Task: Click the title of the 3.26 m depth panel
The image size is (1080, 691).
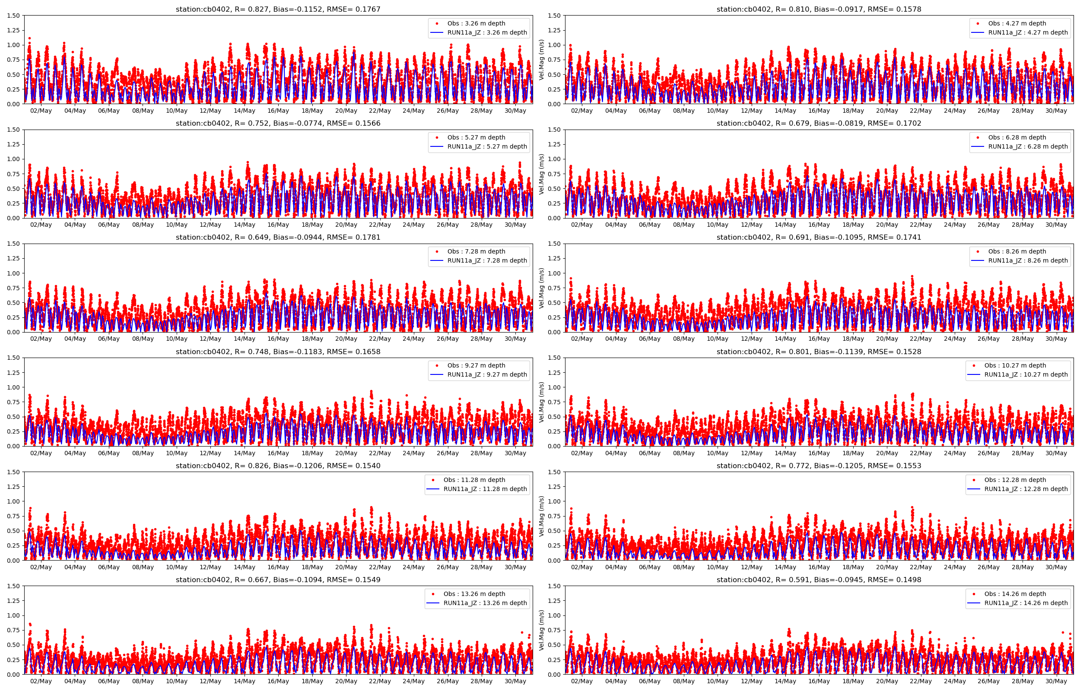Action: click(x=278, y=9)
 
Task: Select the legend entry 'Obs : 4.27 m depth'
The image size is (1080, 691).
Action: click(x=1017, y=23)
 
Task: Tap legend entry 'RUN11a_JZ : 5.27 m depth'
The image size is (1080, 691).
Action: click(x=487, y=146)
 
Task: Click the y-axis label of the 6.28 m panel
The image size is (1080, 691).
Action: click(x=542, y=174)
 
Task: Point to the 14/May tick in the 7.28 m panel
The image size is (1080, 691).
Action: click(x=245, y=339)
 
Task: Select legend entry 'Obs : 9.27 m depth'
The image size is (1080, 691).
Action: click(x=476, y=365)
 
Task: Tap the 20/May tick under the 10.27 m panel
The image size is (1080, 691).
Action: click(x=886, y=453)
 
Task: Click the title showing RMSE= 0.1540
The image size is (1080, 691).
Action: click(x=278, y=466)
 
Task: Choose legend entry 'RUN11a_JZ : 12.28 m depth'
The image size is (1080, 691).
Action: click(x=1026, y=488)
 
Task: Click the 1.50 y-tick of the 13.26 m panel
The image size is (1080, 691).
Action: click(x=13, y=586)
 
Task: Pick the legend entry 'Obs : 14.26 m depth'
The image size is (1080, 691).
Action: click(x=1015, y=594)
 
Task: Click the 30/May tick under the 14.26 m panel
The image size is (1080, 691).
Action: click(x=1056, y=681)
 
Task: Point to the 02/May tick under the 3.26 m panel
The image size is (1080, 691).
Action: click(x=41, y=111)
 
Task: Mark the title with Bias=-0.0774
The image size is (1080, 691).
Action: click(x=278, y=124)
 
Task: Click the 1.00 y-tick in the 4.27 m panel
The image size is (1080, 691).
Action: click(x=554, y=45)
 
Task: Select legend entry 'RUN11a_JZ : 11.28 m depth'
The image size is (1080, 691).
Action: click(x=485, y=488)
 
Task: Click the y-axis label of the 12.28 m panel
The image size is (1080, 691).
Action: click(x=542, y=516)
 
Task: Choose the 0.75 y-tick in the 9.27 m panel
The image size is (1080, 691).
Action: click(x=13, y=402)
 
